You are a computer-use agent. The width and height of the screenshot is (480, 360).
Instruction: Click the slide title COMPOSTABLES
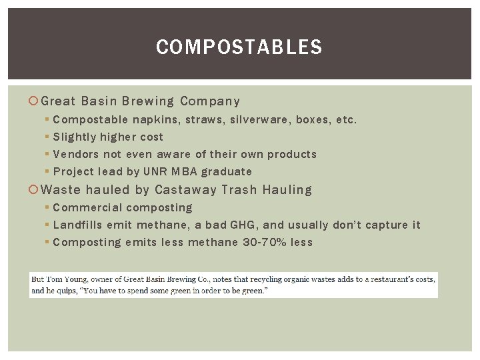239,47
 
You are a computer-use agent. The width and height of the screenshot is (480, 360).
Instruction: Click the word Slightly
74,137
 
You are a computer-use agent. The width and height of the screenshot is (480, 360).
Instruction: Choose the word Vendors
75,154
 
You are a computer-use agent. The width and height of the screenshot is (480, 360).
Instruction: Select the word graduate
229,171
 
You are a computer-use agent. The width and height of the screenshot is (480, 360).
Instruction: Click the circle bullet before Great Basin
34,102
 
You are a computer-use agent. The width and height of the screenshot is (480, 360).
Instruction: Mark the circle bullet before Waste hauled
34,190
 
